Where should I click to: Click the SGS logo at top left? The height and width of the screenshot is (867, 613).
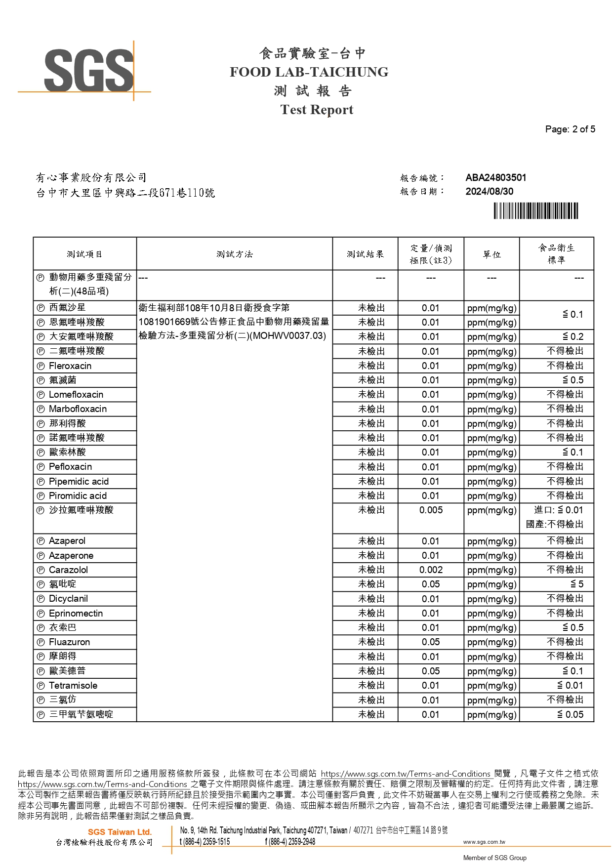click(x=89, y=70)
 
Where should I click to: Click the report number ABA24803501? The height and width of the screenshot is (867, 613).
click(x=495, y=178)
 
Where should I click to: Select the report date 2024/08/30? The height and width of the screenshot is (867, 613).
click(x=489, y=192)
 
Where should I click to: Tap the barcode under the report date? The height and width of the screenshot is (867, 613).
click(x=536, y=211)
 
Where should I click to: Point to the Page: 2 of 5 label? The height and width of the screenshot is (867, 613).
click(x=570, y=129)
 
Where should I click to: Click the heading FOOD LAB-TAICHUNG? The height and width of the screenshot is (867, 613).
click(x=309, y=72)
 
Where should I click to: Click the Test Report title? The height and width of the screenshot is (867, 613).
click(x=317, y=110)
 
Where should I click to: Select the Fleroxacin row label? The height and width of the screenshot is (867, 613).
click(x=70, y=366)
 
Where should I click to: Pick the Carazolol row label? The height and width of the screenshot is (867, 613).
click(x=68, y=570)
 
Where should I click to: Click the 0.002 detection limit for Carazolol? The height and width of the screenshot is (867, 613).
click(x=431, y=570)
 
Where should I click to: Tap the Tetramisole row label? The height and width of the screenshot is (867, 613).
click(x=73, y=686)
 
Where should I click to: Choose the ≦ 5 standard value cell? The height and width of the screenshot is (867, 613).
click(x=576, y=584)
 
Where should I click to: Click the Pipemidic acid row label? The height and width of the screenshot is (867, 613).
click(x=79, y=482)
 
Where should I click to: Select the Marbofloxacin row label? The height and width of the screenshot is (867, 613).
click(x=78, y=409)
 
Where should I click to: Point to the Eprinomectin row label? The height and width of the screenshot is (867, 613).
click(x=76, y=614)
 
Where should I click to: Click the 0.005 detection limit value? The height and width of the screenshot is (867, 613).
click(x=431, y=510)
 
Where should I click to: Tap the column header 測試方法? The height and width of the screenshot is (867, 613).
click(x=234, y=254)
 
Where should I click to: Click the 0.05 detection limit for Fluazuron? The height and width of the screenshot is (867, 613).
click(x=431, y=642)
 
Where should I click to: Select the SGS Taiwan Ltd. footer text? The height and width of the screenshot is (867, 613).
click(x=120, y=832)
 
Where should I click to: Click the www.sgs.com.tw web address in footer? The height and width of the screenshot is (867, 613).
click(x=484, y=842)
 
